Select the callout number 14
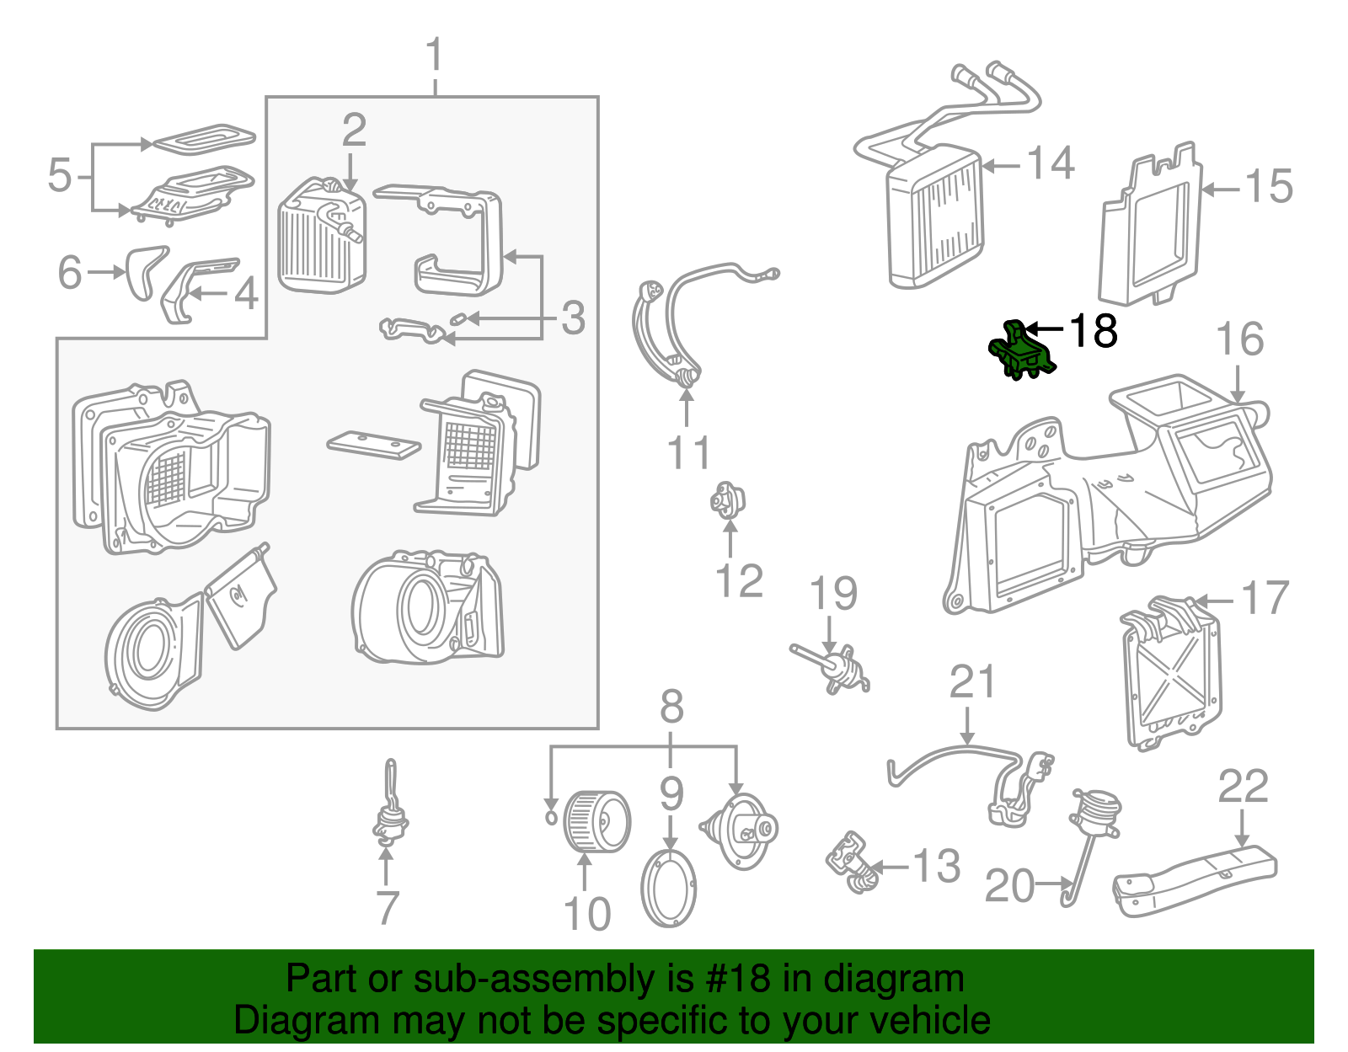coord(1051,163)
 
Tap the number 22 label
coord(1243,788)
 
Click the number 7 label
coord(387,908)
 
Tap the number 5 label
coord(60,175)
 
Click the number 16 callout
coord(1239,339)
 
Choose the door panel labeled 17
coord(1172,674)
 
